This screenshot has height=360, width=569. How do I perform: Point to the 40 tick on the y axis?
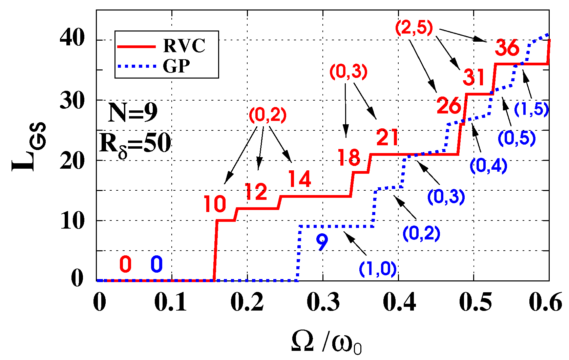(x=72, y=39)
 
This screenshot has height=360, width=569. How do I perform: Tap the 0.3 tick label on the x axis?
(x=323, y=302)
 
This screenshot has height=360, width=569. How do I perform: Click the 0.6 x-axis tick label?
(x=545, y=302)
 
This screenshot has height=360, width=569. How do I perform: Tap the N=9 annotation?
(x=133, y=112)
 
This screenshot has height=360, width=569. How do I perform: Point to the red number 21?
(x=387, y=137)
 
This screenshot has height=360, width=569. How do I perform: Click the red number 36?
(x=507, y=48)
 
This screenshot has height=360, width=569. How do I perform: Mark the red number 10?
(x=215, y=204)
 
